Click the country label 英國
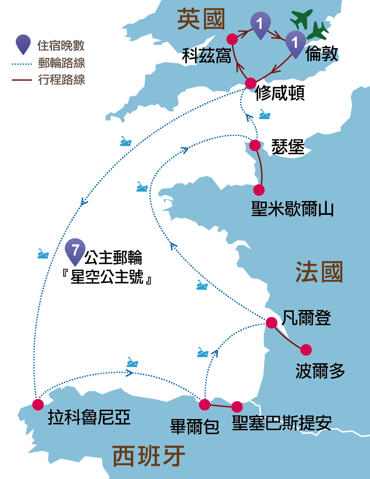[201, 19]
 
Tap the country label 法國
[319, 272]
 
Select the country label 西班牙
[149, 456]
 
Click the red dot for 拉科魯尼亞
[38, 404]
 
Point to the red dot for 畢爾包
[205, 405]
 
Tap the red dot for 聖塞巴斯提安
[237, 407]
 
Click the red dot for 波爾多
[306, 350]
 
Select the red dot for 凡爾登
[272, 323]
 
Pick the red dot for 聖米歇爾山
[259, 190]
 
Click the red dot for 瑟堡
[255, 145]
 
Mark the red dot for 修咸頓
[251, 83]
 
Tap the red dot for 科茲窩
[232, 39]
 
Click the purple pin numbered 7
[75, 250]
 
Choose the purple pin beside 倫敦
[295, 43]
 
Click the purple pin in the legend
[23, 43]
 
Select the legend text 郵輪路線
[62, 63]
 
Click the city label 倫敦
[322, 54]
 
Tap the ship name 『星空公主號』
[107, 277]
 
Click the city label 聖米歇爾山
[292, 209]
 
